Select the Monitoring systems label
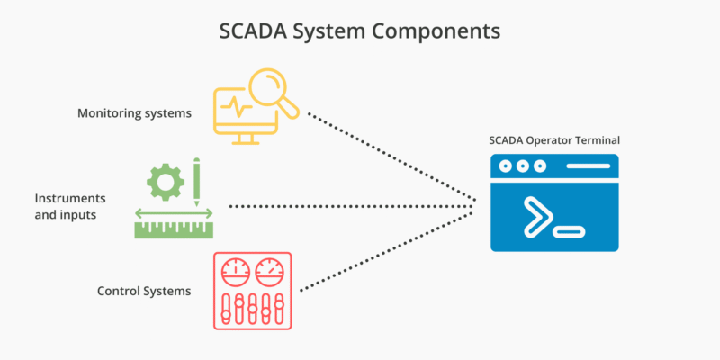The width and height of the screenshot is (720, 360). click(134, 113)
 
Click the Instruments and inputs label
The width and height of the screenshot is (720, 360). click(70, 206)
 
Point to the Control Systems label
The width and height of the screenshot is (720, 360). click(144, 292)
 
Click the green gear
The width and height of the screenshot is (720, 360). click(165, 182)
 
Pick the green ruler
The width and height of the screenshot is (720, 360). click(174, 229)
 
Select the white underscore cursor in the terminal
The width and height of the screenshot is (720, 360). click(569, 233)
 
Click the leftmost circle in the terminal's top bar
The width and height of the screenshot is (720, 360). click(504, 166)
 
